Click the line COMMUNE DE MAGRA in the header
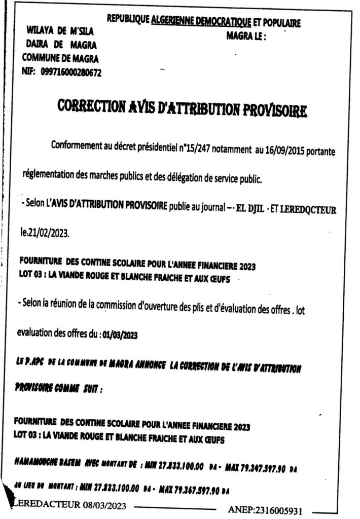tap(60, 58)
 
